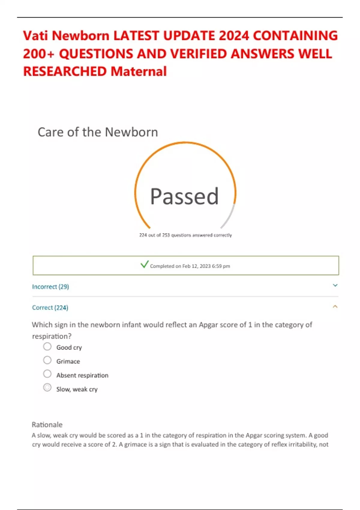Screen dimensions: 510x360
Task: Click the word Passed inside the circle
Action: click(184, 196)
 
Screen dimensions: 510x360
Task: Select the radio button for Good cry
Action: click(47, 346)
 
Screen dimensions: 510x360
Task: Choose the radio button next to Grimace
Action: click(47, 360)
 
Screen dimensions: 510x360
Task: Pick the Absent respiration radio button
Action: click(47, 374)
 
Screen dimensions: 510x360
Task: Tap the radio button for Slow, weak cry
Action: click(47, 388)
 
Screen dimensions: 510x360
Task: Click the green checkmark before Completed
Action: click(144, 264)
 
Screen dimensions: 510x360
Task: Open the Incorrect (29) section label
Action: click(50, 287)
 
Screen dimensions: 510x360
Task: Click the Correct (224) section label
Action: click(50, 308)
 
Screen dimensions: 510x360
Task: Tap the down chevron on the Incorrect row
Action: click(335, 285)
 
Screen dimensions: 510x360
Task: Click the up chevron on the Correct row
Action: click(335, 307)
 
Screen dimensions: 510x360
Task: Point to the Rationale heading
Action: click(47, 425)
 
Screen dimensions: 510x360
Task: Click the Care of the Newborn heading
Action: click(98, 132)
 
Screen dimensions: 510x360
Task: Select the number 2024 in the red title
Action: click(234, 36)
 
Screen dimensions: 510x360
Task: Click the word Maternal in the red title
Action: click(139, 72)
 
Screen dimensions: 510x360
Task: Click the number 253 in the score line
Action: click(166, 235)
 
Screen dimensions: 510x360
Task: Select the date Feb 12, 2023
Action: click(196, 266)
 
